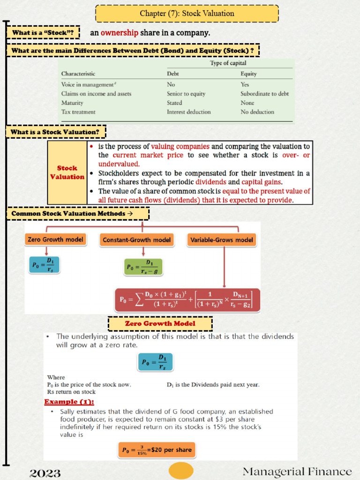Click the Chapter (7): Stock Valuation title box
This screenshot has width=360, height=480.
coord(187,14)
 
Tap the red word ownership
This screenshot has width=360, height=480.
coord(119,33)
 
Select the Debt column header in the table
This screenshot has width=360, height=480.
coord(172,74)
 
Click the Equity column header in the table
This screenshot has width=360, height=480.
coord(248,74)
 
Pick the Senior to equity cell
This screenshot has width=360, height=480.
coord(186,94)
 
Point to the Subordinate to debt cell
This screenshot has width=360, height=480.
coord(264,94)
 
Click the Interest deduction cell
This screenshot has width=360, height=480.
coord(188,112)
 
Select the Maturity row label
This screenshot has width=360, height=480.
coord(72,103)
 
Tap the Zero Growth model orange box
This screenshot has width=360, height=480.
coord(56,240)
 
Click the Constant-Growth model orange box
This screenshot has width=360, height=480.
coord(136,240)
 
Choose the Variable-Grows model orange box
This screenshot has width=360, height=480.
coord(221,240)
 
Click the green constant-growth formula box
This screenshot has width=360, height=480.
coord(143,267)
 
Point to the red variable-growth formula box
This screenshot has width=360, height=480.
coord(187,300)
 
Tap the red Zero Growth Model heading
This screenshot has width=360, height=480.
coord(160,323)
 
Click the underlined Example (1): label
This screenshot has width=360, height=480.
coord(69,402)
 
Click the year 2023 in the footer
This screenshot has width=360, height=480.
coord(45,472)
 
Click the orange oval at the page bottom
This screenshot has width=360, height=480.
coord(181,471)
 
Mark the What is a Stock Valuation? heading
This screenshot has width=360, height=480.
coord(55,132)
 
